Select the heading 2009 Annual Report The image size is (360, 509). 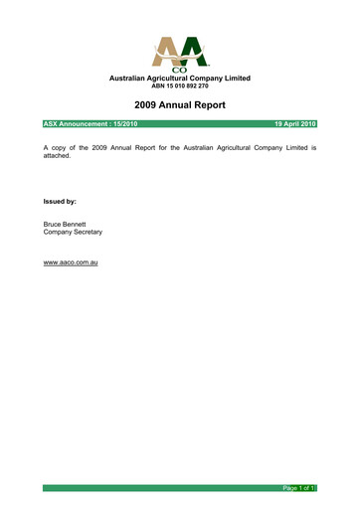180,104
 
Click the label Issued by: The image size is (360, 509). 62,202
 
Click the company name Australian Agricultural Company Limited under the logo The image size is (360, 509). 180,78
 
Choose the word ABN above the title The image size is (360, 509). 149,85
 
